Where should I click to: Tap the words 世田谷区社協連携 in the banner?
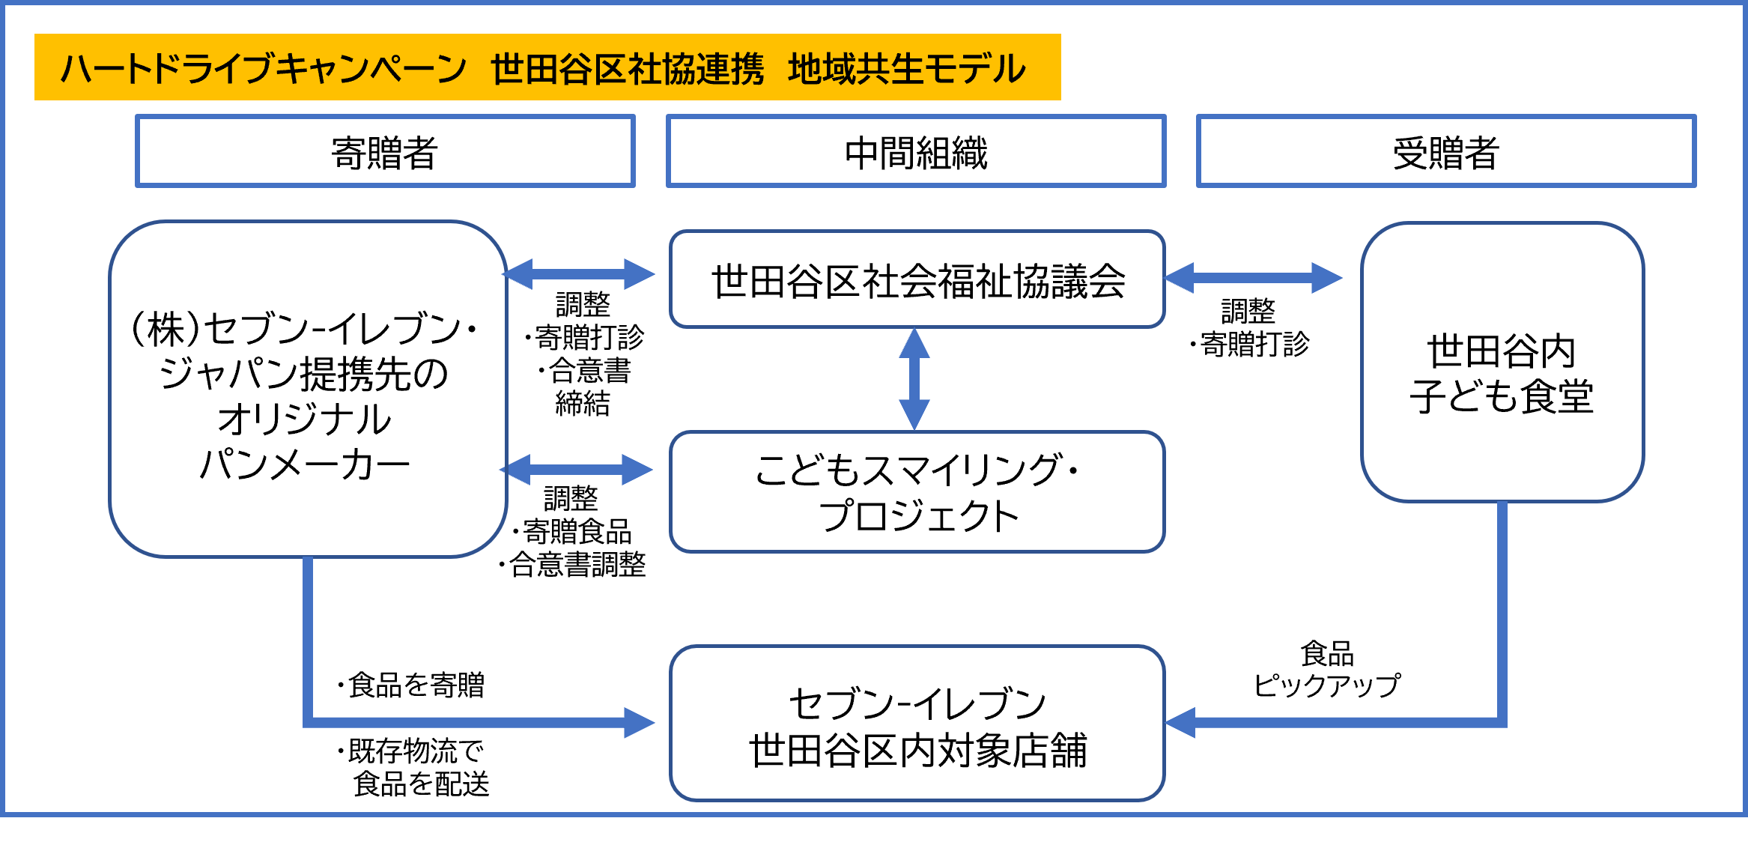(628, 69)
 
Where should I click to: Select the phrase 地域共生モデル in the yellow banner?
(906, 69)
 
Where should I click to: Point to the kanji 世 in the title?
(507, 69)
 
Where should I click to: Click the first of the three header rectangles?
(385, 151)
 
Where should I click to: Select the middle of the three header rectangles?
(916, 151)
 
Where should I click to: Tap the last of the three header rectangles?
(1445, 151)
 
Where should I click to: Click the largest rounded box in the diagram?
(308, 389)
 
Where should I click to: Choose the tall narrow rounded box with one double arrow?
(1502, 362)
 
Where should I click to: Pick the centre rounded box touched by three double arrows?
(917, 279)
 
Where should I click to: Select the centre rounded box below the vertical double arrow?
(917, 491)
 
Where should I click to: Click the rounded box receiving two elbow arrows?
(917, 723)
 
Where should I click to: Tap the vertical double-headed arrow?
(914, 379)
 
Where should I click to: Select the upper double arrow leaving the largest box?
(578, 274)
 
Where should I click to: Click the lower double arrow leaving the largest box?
(576, 470)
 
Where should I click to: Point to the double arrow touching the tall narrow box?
(1252, 278)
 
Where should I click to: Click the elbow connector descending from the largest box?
(308, 659)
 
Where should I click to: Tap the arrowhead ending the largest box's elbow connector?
(640, 723)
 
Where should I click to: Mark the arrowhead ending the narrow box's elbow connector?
(1180, 723)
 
